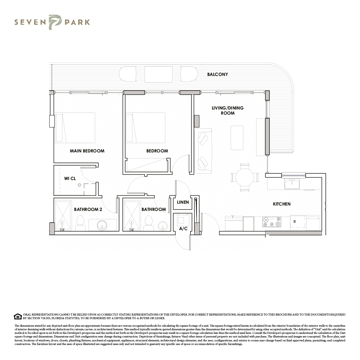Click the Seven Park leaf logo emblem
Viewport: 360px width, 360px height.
(55, 22)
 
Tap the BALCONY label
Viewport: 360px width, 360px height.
(217, 74)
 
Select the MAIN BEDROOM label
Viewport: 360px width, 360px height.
(87, 151)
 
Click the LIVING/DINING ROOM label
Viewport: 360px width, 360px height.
(227, 110)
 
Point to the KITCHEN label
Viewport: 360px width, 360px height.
(282, 204)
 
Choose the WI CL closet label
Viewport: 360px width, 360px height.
(70, 178)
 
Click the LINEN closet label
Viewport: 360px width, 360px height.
(183, 202)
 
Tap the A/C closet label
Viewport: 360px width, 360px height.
(183, 229)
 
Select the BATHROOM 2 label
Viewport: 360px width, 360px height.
(88, 209)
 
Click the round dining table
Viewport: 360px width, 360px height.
(244, 178)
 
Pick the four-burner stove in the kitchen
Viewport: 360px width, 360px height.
(271, 222)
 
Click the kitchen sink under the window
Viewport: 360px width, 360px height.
(292, 184)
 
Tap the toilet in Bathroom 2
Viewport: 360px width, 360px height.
(80, 223)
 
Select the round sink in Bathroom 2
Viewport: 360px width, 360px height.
(102, 226)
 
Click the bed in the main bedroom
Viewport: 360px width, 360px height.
(75, 128)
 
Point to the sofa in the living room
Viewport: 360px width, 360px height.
(203, 151)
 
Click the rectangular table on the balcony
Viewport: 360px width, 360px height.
(158, 74)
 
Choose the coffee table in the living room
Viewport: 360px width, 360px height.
(237, 138)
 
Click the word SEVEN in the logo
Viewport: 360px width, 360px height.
(30, 22)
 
